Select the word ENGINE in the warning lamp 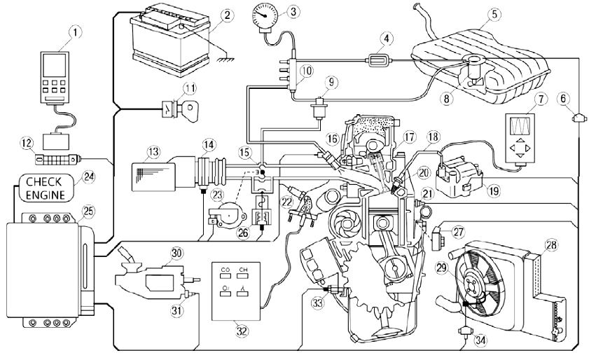[46, 194]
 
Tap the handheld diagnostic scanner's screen [54, 68]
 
